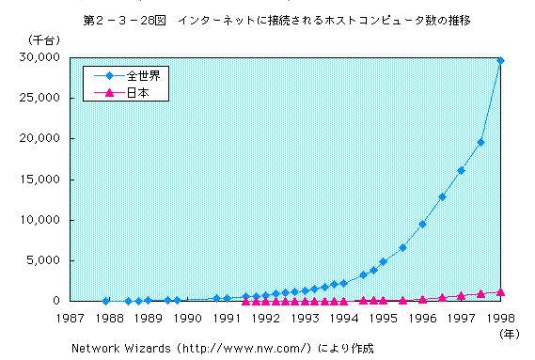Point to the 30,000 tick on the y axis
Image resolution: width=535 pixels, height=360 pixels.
pos(39,57)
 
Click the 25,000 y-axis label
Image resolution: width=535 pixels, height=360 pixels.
pos(39,98)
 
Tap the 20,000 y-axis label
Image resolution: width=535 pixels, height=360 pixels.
pos(39,138)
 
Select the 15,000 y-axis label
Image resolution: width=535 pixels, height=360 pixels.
pos(39,180)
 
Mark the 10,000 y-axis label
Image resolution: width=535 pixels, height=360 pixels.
pos(39,220)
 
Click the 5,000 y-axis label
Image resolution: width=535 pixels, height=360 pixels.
pos(43,260)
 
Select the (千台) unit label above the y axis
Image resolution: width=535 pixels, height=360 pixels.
pos(33,38)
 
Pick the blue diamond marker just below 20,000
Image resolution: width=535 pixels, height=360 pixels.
pos(480,142)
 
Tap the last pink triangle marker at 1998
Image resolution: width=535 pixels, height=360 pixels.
pos(500,292)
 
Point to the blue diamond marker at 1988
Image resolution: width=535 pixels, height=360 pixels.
pos(105,301)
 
